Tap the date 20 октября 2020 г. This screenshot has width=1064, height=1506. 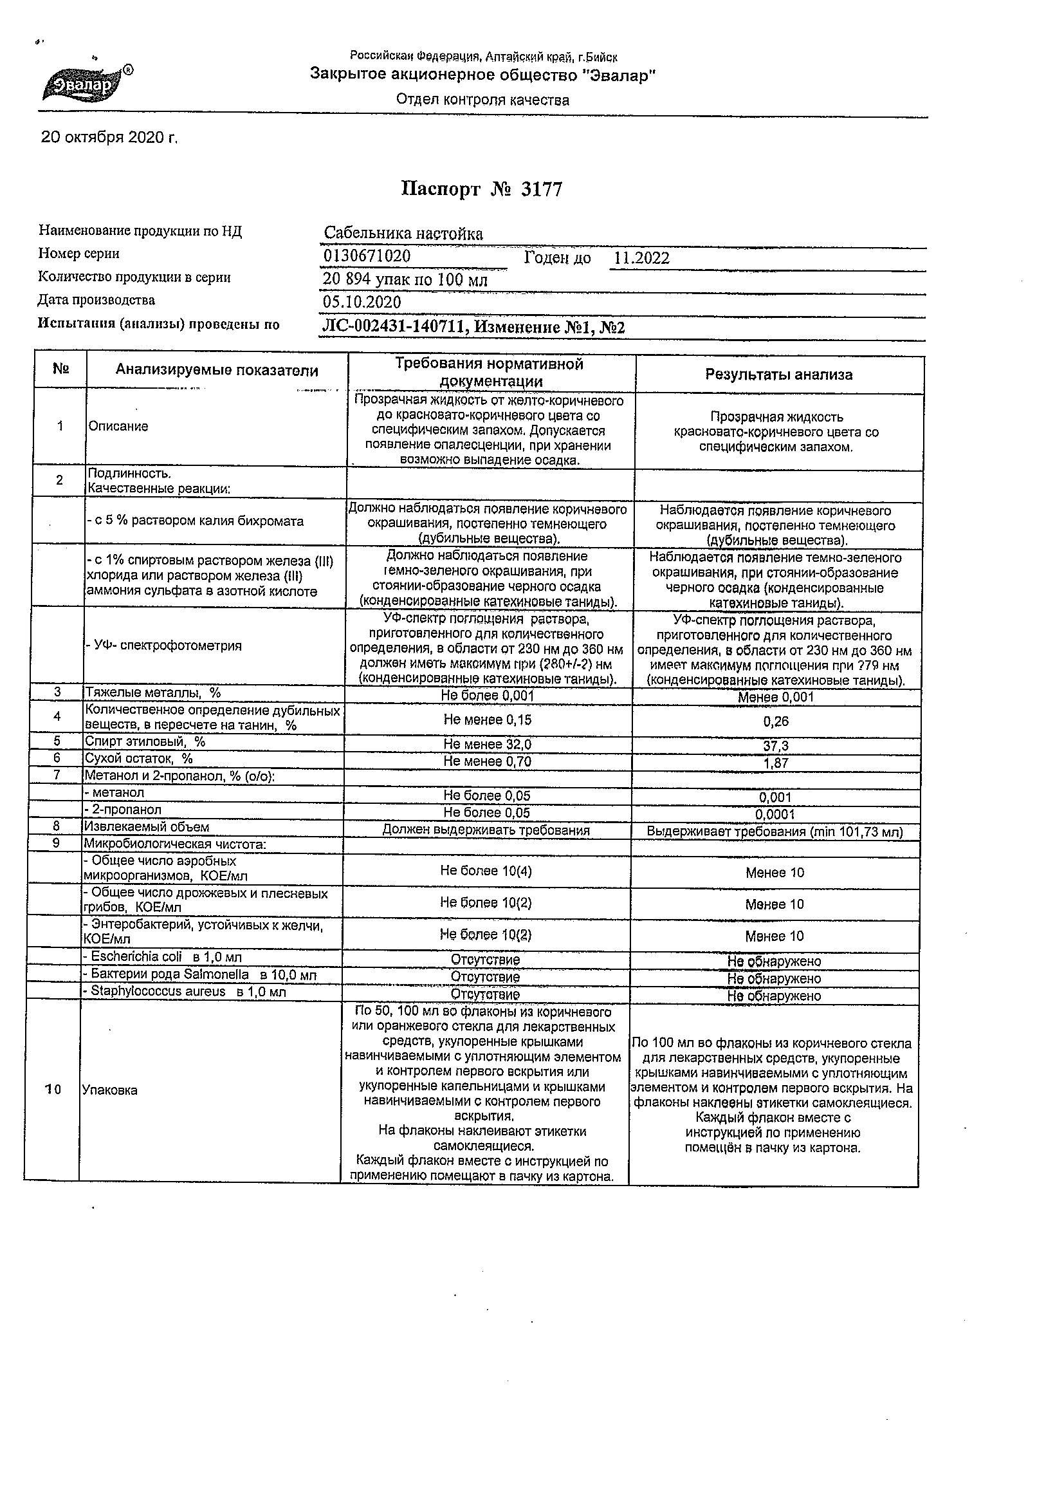tap(109, 138)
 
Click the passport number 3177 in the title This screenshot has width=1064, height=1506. tap(542, 190)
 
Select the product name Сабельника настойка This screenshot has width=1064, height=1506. tap(403, 234)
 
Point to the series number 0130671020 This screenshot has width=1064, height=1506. tap(367, 256)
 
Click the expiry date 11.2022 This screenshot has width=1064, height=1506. tap(641, 259)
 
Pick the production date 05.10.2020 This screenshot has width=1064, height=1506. tap(362, 302)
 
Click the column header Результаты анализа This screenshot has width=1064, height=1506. tap(779, 375)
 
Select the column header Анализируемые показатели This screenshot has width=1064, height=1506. tap(217, 371)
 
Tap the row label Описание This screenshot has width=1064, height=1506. tap(118, 426)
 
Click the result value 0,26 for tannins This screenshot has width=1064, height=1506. tap(776, 721)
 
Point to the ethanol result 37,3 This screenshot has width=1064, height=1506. tap(776, 746)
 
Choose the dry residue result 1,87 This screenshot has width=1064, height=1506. tap(776, 763)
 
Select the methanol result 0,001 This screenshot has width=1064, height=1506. tap(776, 797)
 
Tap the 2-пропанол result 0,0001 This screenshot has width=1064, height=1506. tap(776, 815)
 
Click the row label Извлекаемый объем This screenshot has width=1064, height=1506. tap(147, 828)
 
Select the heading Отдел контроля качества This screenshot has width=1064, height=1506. tap(482, 100)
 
